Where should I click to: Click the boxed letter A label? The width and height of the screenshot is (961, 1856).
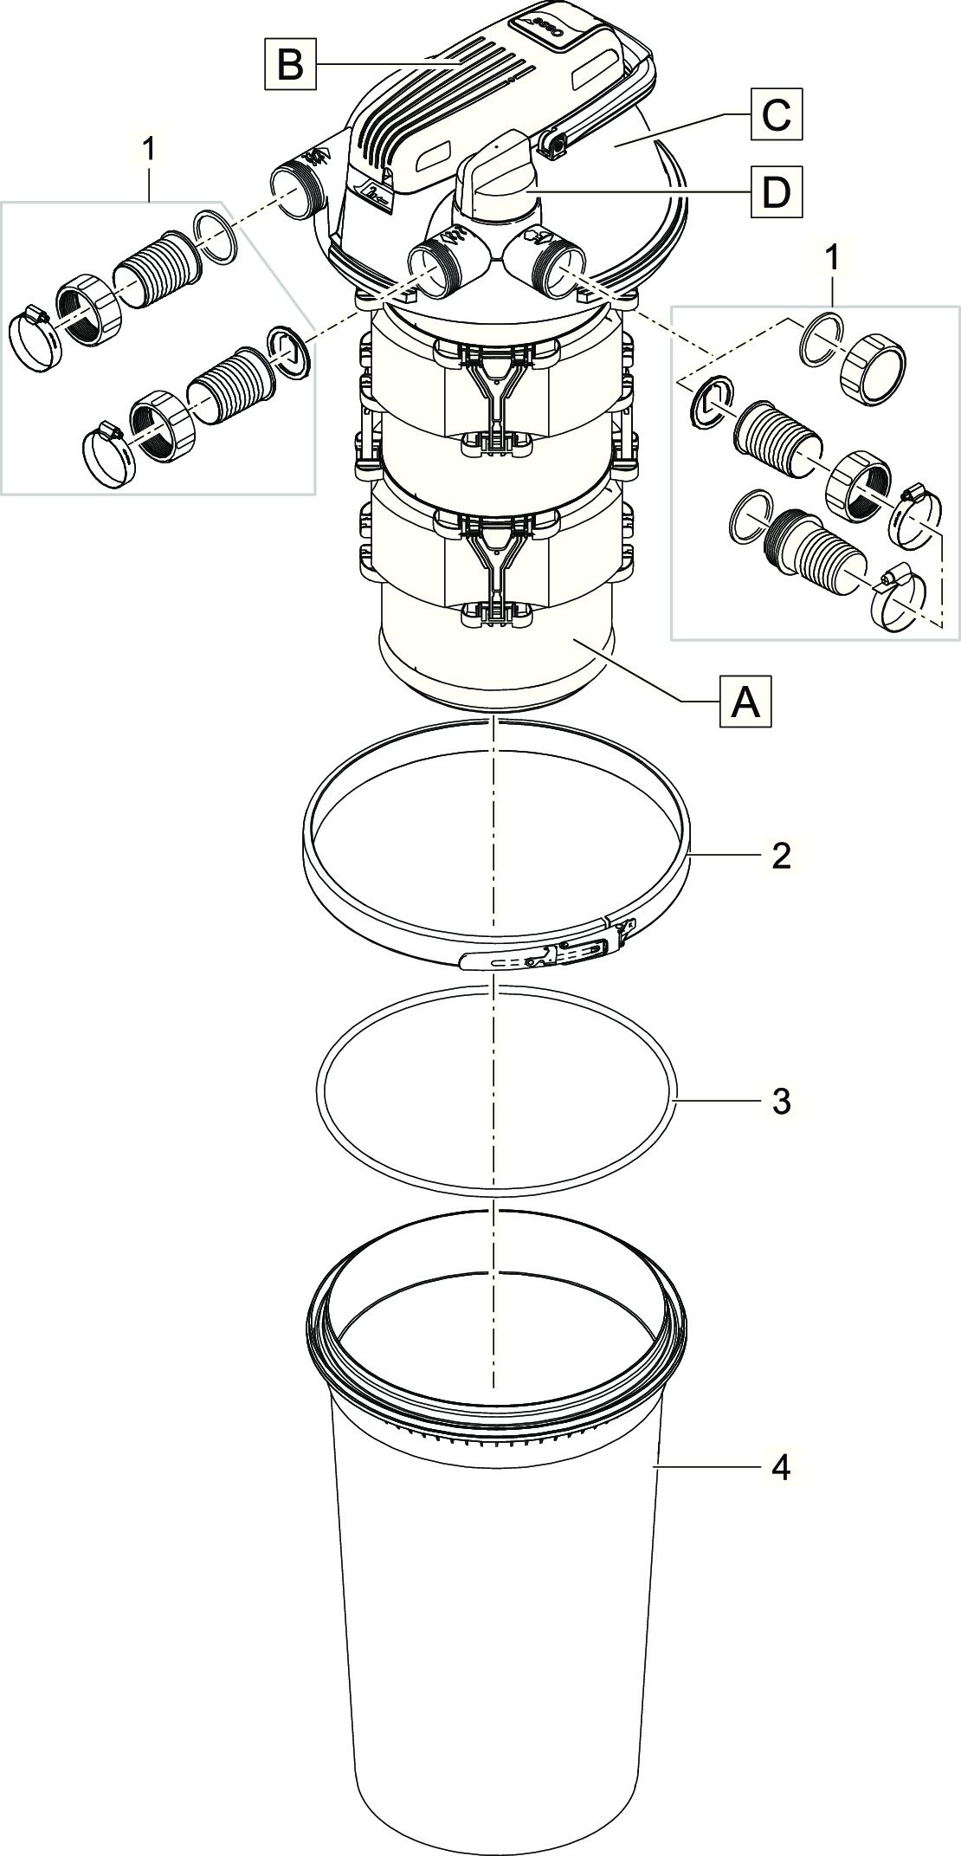pos(745,702)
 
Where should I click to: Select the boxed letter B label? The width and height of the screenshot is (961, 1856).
pos(290,63)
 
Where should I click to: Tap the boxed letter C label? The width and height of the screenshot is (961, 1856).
pos(776,115)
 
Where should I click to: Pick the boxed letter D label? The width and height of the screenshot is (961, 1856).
pos(776,191)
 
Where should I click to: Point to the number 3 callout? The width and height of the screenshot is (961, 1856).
pos(781,1101)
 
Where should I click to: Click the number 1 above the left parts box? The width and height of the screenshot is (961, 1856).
pos(150,149)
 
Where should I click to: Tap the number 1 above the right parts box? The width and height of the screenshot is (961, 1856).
pos(832,256)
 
